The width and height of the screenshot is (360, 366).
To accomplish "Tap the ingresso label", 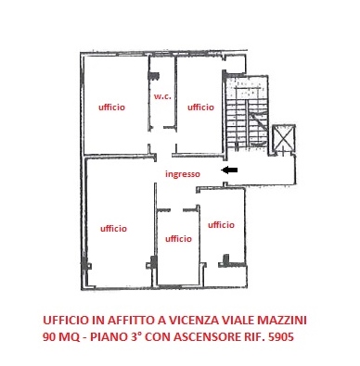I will tap(182, 173).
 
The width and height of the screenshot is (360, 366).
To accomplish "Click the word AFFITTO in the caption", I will tap(122, 320).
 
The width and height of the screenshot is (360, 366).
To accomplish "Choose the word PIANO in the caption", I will tap(109, 338).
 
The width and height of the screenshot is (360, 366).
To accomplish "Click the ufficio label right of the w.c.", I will tap(200, 107).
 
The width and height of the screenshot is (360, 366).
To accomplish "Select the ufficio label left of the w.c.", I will tap(112, 107).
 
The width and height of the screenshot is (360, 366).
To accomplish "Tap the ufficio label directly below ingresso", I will tap(178, 238).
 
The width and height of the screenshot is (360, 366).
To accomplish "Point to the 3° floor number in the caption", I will tap(136, 338).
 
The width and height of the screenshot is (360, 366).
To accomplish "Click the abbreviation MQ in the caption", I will tap(73, 338).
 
